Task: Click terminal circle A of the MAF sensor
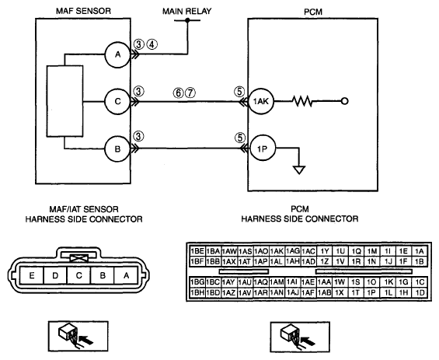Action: [117, 54]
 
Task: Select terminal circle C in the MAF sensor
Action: [117, 101]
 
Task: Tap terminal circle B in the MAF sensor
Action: [117, 149]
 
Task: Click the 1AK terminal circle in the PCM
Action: [261, 101]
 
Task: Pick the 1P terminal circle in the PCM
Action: [263, 149]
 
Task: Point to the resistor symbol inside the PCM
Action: [302, 101]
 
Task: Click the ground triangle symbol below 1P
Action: [299, 170]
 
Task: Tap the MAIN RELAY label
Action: [186, 12]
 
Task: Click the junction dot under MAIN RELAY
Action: [187, 20]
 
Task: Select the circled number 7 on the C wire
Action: [190, 93]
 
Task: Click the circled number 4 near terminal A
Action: [152, 44]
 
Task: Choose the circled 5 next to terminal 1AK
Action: [239, 91]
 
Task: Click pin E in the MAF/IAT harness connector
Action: [32, 275]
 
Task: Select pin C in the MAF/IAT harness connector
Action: [79, 275]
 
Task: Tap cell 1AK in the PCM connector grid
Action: [277, 251]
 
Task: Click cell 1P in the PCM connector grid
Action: [371, 292]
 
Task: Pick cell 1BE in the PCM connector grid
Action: [197, 251]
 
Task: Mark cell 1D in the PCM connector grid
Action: [420, 292]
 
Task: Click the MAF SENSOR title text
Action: [83, 11]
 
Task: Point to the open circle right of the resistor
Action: [345, 101]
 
